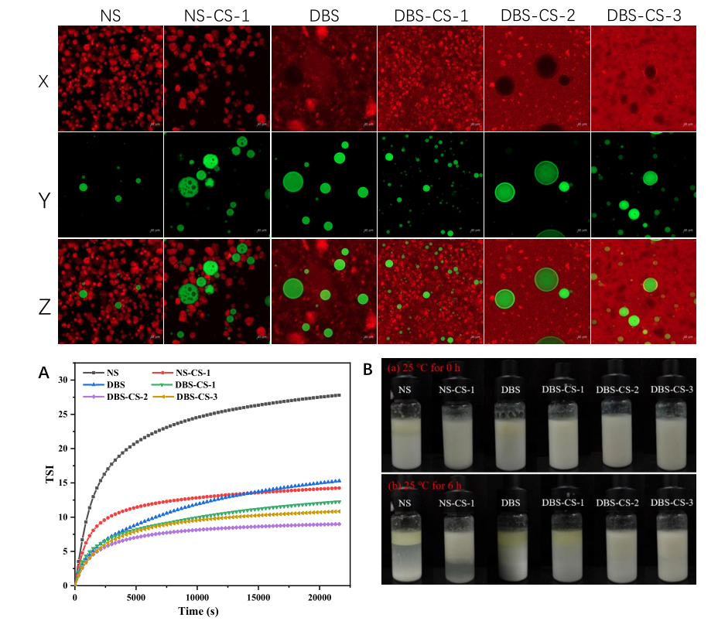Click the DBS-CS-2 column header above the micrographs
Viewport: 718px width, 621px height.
[x=537, y=14]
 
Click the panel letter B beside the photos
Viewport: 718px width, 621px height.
[x=369, y=371]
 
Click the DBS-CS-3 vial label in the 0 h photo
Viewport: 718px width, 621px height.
[x=670, y=388]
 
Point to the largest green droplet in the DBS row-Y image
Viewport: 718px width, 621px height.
[x=293, y=182]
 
